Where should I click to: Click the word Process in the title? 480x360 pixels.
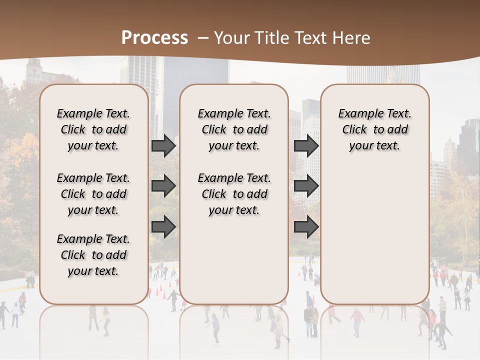point(154,38)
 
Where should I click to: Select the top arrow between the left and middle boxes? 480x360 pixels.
point(163,146)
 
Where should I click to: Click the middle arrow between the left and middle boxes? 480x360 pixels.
point(163,186)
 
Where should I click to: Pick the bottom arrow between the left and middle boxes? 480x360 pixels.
point(163,226)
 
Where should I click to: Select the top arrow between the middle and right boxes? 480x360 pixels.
point(306,146)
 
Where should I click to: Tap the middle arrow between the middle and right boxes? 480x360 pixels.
point(306,186)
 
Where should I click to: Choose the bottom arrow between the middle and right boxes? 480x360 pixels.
point(306,226)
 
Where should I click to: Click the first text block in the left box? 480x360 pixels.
point(93,129)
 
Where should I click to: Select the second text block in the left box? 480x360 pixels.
point(93,194)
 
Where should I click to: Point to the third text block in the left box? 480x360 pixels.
point(93,255)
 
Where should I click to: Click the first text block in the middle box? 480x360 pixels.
point(234,129)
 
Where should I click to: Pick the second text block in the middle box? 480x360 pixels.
point(234,194)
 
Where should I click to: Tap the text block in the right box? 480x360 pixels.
point(375,129)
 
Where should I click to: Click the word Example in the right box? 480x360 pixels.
point(358,114)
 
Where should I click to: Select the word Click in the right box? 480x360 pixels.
point(354,129)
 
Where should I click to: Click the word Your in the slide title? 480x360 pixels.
point(230,38)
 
